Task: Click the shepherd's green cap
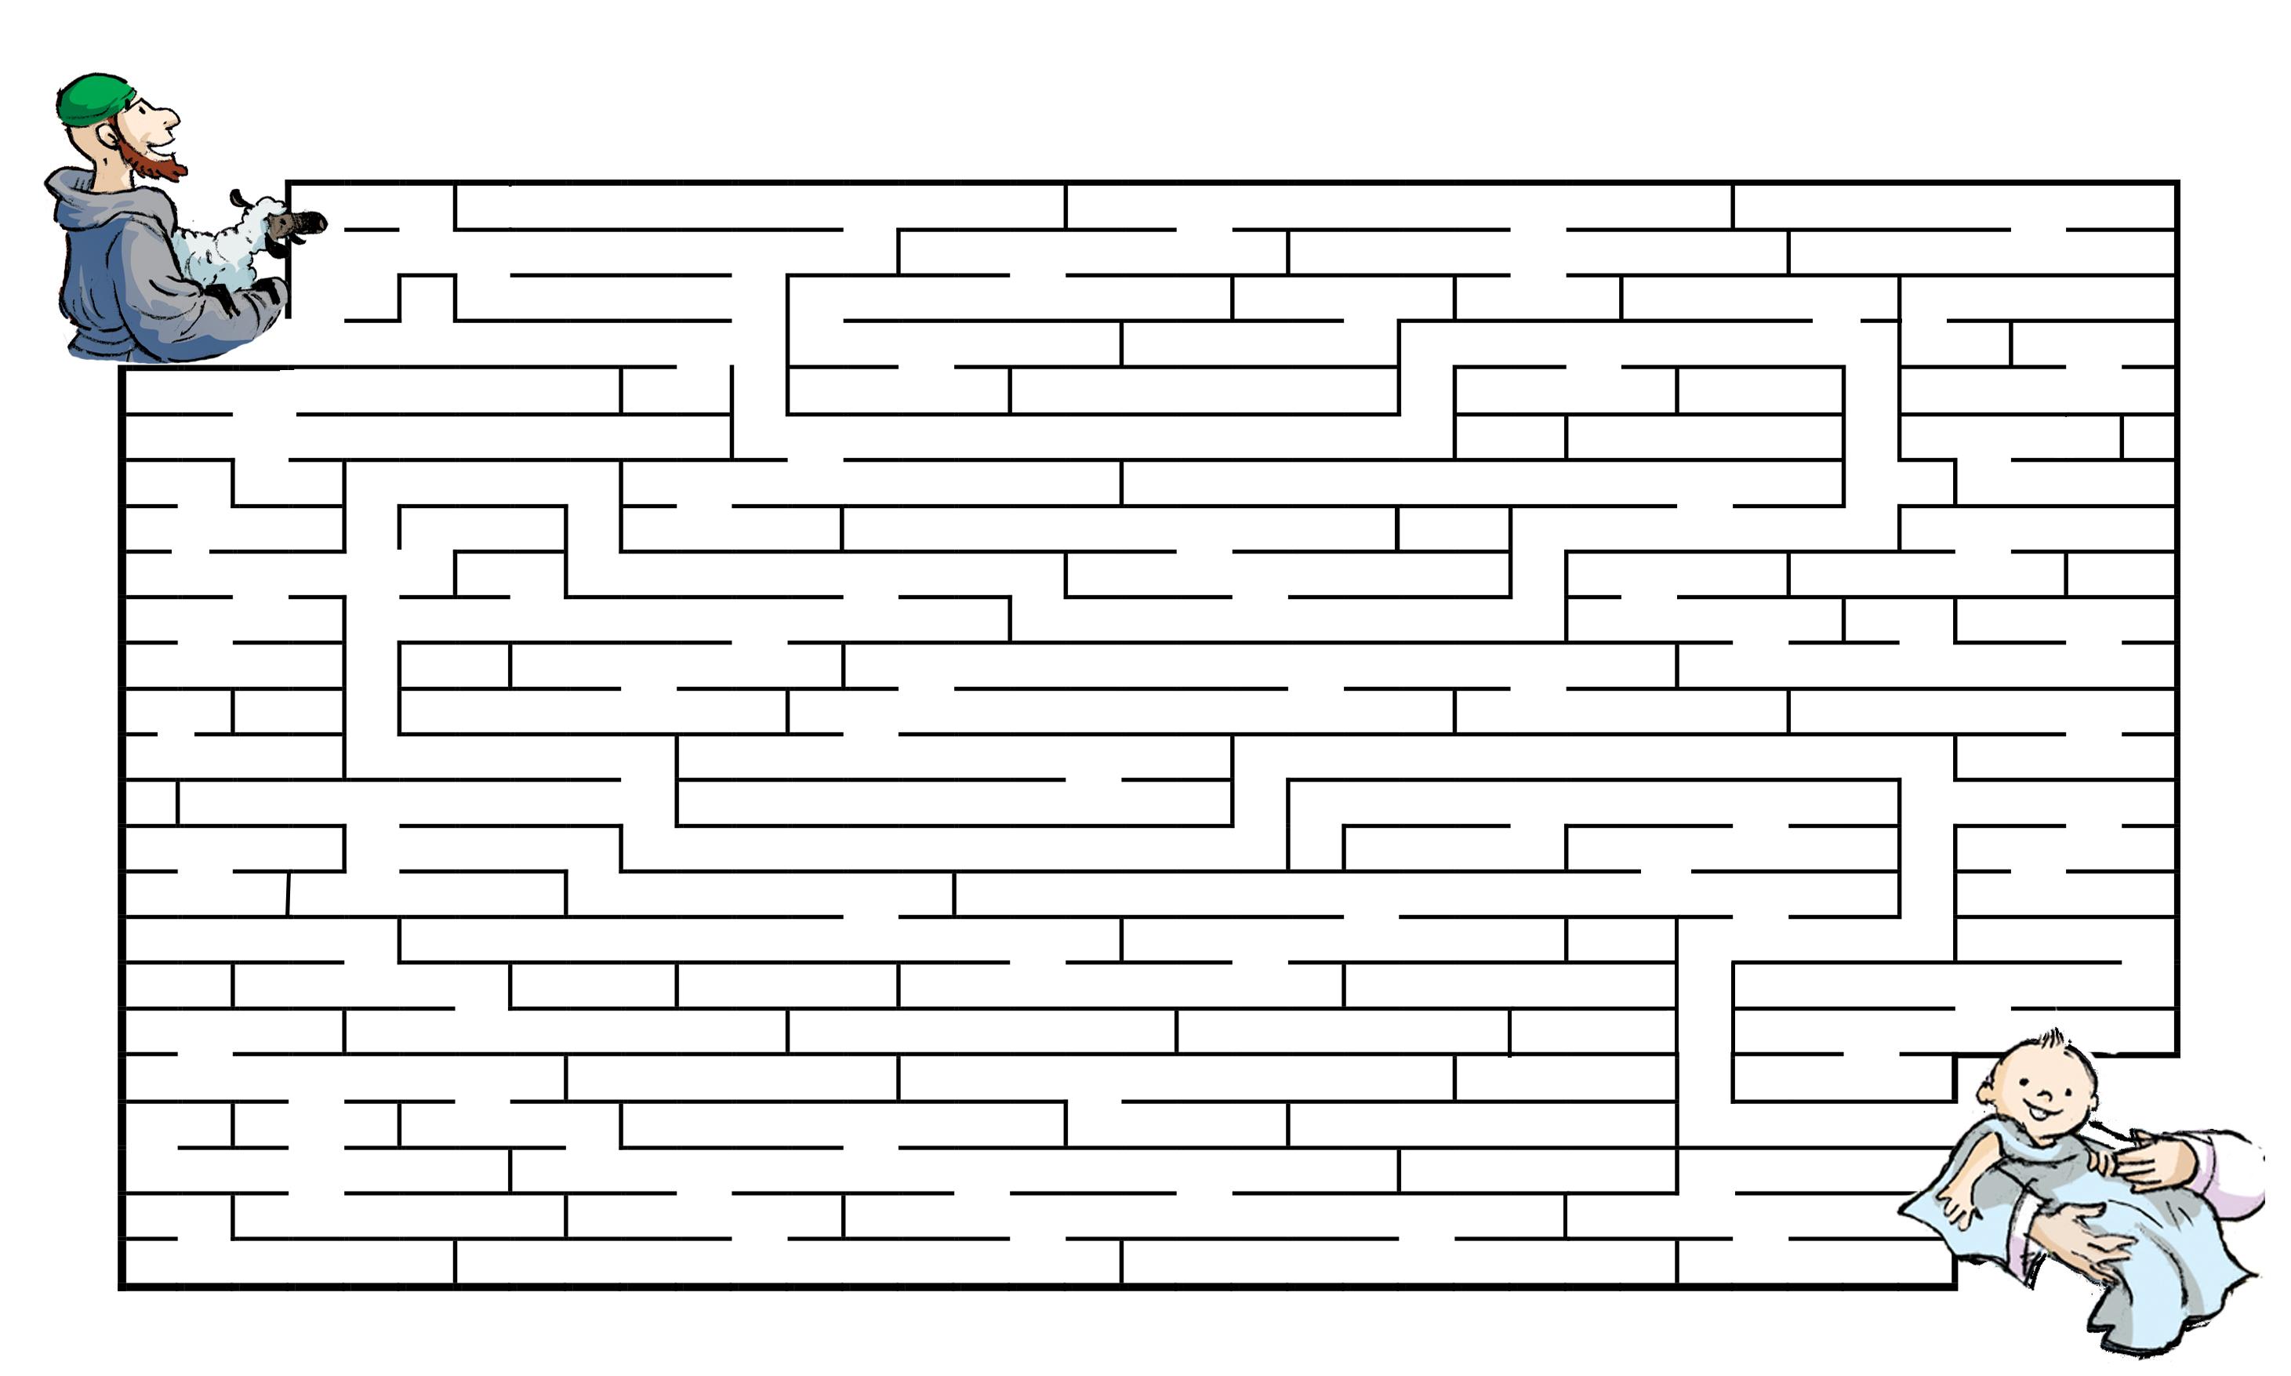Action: pos(93,97)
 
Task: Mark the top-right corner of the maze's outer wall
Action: pos(2176,183)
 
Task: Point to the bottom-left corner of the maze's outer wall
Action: pos(122,1285)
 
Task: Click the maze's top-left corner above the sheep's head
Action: pos(289,183)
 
